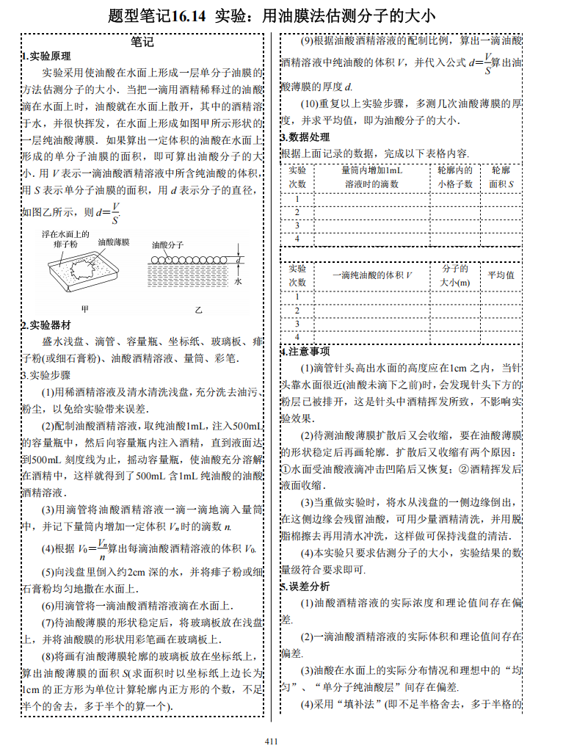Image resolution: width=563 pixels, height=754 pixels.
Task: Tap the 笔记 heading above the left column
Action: point(142,42)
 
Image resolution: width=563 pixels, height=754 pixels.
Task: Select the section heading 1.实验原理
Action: point(46,57)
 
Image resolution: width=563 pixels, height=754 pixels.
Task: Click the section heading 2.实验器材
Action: point(46,325)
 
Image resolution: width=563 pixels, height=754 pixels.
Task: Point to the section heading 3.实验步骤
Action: point(46,375)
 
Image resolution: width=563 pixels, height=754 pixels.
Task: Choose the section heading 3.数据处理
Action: point(305,137)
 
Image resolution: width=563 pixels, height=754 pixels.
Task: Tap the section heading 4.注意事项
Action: point(305,352)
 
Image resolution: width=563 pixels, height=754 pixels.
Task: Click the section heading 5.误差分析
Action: point(305,587)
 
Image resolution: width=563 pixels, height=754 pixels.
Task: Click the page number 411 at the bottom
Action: point(271,741)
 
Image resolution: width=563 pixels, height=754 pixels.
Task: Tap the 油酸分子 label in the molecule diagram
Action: point(167,244)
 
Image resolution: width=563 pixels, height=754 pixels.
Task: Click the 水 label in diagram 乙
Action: point(239,280)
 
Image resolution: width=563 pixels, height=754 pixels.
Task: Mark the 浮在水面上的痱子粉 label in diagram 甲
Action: point(65,239)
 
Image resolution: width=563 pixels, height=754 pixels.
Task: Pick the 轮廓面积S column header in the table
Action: point(501,177)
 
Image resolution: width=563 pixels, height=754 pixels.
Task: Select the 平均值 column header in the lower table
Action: point(501,275)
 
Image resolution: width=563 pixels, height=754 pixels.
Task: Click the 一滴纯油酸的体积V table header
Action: point(371,275)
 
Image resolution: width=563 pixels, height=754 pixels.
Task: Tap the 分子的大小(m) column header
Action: point(455,275)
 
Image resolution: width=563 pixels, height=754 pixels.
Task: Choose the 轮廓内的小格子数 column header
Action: point(455,177)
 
